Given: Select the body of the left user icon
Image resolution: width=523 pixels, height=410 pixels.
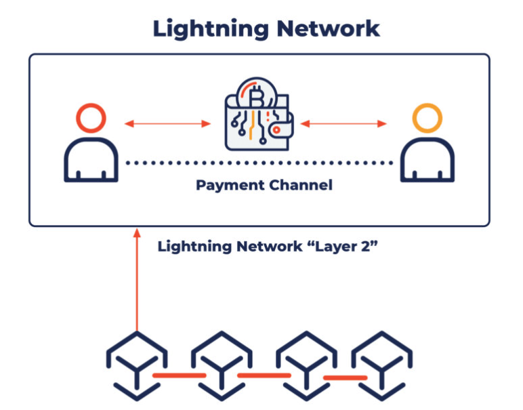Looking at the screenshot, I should click(x=91, y=160).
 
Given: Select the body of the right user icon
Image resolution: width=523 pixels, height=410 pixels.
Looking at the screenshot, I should click(x=427, y=160).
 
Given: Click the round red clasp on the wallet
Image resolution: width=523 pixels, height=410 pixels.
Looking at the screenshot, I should click(x=276, y=129).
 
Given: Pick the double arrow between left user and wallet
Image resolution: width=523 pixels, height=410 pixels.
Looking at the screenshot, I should click(x=168, y=123).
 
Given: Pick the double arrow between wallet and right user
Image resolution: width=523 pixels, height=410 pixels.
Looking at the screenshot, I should click(x=343, y=123).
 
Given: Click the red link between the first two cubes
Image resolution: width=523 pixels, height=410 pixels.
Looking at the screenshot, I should click(x=179, y=375).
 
